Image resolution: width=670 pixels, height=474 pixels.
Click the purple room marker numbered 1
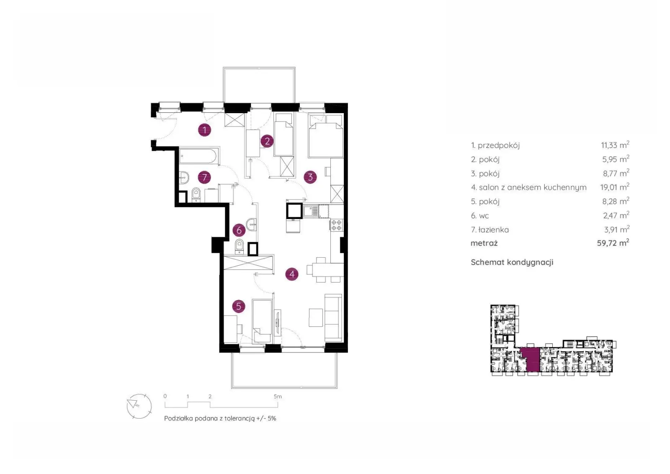(x=205, y=130)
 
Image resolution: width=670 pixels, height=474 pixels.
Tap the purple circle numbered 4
(x=291, y=274)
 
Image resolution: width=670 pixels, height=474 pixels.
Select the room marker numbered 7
(x=205, y=177)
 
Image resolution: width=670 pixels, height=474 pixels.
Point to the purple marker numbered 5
(x=239, y=306)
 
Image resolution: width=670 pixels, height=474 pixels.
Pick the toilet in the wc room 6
(x=239, y=246)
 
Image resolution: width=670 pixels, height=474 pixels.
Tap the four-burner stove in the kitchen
(x=337, y=225)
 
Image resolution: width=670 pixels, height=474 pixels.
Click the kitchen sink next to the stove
(x=311, y=211)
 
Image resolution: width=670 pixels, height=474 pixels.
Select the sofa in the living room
(x=333, y=318)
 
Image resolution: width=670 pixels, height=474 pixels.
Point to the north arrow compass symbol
(x=139, y=406)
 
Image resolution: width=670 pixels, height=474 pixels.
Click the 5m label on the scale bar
(x=278, y=396)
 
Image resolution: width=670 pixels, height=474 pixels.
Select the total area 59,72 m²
(x=613, y=243)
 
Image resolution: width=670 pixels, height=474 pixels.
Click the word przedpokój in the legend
(x=499, y=145)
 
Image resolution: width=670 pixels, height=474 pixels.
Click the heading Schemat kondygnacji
(x=512, y=262)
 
